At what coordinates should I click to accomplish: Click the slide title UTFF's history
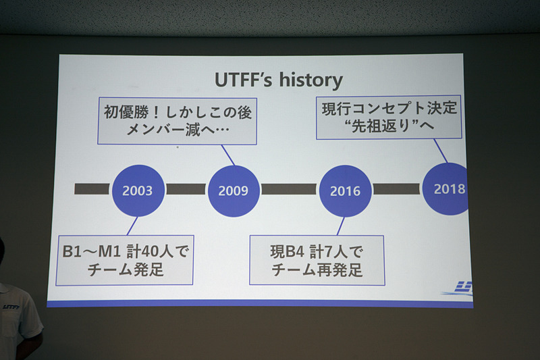pyautogui.click(x=278, y=80)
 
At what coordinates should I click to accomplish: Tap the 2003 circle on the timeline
pyautogui.click(x=138, y=190)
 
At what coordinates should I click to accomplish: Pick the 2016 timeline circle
pyautogui.click(x=344, y=190)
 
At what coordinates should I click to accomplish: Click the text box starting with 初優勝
pyautogui.click(x=177, y=120)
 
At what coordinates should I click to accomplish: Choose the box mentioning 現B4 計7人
pyautogui.click(x=317, y=259)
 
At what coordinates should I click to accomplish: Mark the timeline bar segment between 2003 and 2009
pyautogui.click(x=186, y=189)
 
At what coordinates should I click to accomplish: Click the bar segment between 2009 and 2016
pyautogui.click(x=289, y=189)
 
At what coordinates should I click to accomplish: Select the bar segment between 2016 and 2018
pyautogui.click(x=396, y=189)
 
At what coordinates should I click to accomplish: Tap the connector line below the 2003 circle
pyautogui.click(x=132, y=226)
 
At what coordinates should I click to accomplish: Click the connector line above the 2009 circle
pyautogui.click(x=227, y=155)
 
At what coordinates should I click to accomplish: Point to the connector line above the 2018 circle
pyautogui.click(x=441, y=151)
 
